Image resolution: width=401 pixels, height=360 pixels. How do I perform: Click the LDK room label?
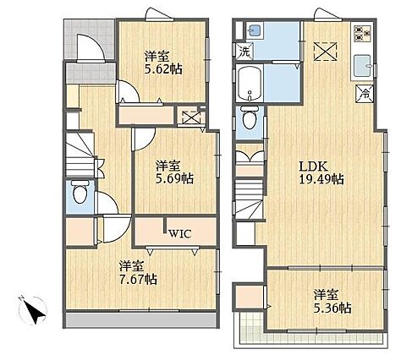tap(313, 166)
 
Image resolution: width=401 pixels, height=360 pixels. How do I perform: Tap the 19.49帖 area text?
tap(321, 179)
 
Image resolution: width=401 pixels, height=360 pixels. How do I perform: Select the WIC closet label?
tap(180, 233)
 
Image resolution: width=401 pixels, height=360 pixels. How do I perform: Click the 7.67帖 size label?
tap(138, 279)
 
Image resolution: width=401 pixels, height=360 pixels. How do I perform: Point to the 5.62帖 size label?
tap(163, 68)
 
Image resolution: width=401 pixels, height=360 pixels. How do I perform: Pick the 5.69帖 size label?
tap(175, 178)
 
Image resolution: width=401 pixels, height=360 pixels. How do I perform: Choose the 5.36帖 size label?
tap(332, 308)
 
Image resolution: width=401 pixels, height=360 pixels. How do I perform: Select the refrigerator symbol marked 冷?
tap(365, 93)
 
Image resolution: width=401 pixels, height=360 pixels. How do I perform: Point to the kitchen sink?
tap(363, 66)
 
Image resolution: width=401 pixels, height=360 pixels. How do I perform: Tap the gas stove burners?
tap(362, 34)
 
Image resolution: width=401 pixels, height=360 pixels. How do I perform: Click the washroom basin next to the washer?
tap(255, 30)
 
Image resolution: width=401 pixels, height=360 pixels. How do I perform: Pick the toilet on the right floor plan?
tap(250, 117)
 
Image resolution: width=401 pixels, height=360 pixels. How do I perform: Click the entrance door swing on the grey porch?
tap(91, 47)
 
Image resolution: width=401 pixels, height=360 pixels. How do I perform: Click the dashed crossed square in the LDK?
tap(325, 52)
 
